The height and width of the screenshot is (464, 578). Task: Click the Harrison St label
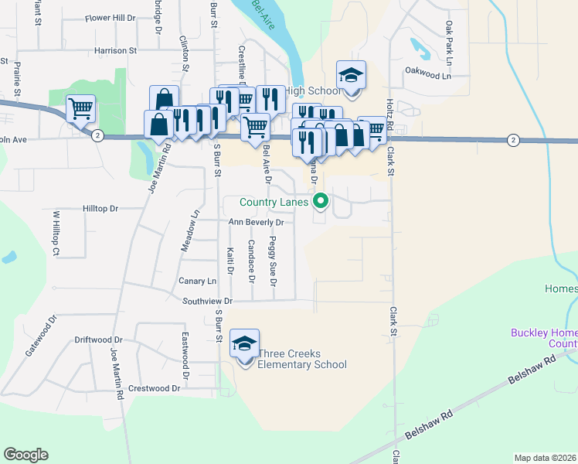pos(115,51)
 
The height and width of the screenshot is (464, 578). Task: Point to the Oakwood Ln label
pos(427,76)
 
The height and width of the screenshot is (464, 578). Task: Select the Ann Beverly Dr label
pos(257,222)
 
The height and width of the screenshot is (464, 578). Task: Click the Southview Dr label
pos(208,301)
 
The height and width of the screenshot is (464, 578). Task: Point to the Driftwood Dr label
pos(98,339)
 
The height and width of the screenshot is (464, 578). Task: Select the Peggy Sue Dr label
pos(272,262)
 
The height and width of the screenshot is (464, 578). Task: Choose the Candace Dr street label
pos(250,260)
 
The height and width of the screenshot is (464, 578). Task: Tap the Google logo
pos(25,455)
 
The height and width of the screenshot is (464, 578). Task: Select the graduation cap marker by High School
pos(351,76)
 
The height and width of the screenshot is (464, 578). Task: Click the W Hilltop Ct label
pos(56,234)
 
